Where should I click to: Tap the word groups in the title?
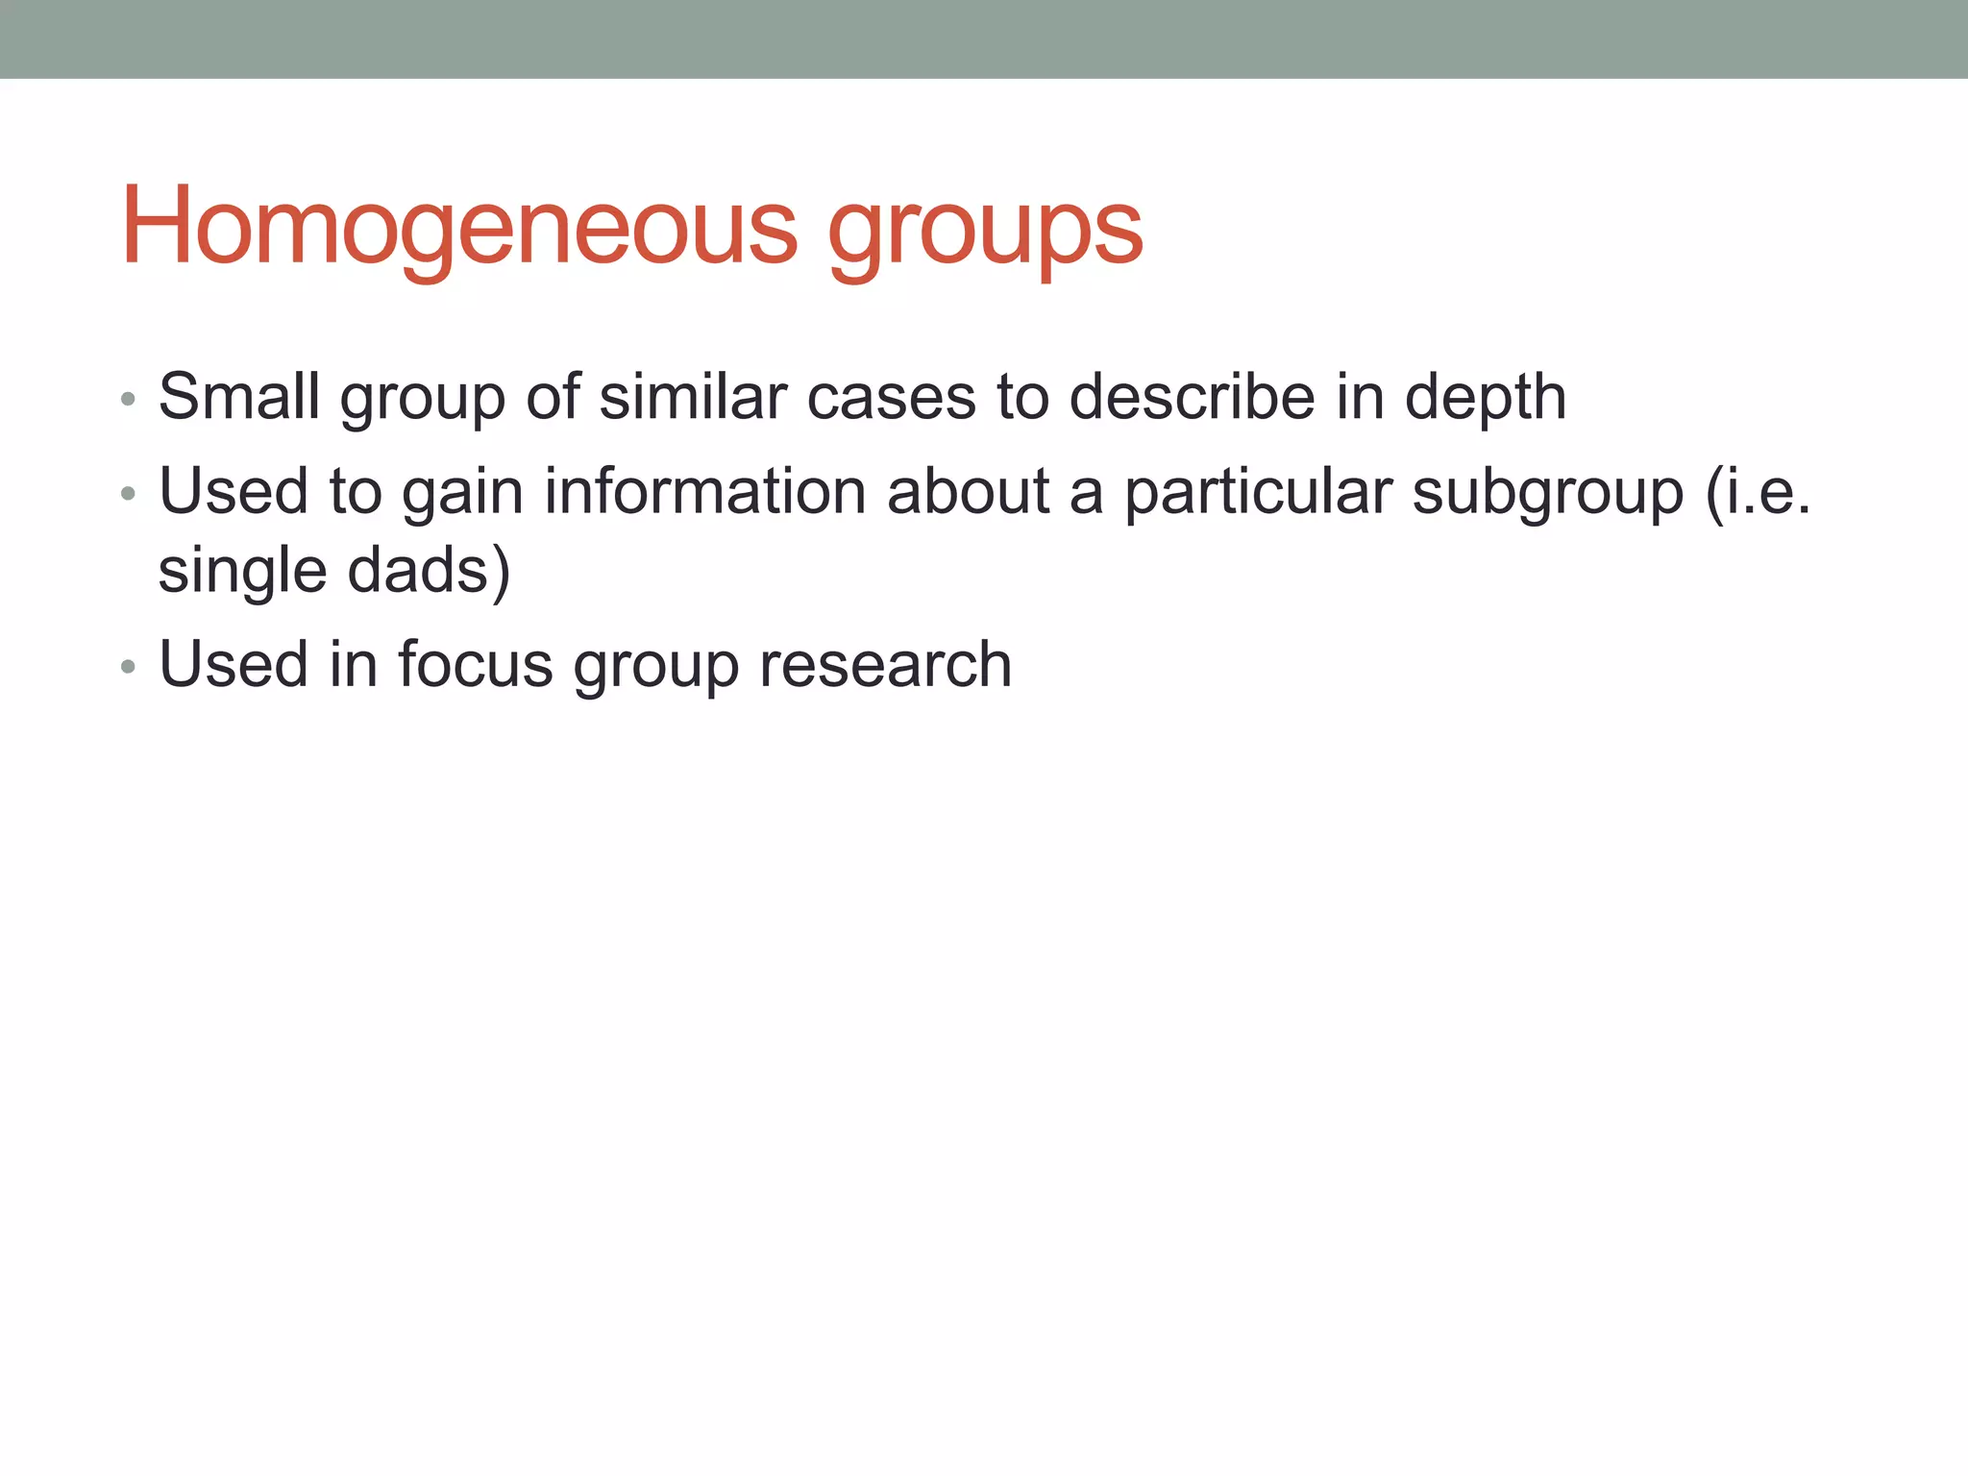coord(985,231)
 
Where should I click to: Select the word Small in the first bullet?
coord(238,396)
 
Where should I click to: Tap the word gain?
coord(461,492)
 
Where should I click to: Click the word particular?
coord(1258,492)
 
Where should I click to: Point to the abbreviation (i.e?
coord(1758,492)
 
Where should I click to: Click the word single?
coord(242,572)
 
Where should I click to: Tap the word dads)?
coord(429,570)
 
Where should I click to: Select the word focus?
coord(475,664)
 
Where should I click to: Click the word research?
coord(885,665)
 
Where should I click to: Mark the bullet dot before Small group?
coord(128,399)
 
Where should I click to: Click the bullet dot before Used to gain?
coord(128,494)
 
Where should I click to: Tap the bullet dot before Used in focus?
coord(128,666)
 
